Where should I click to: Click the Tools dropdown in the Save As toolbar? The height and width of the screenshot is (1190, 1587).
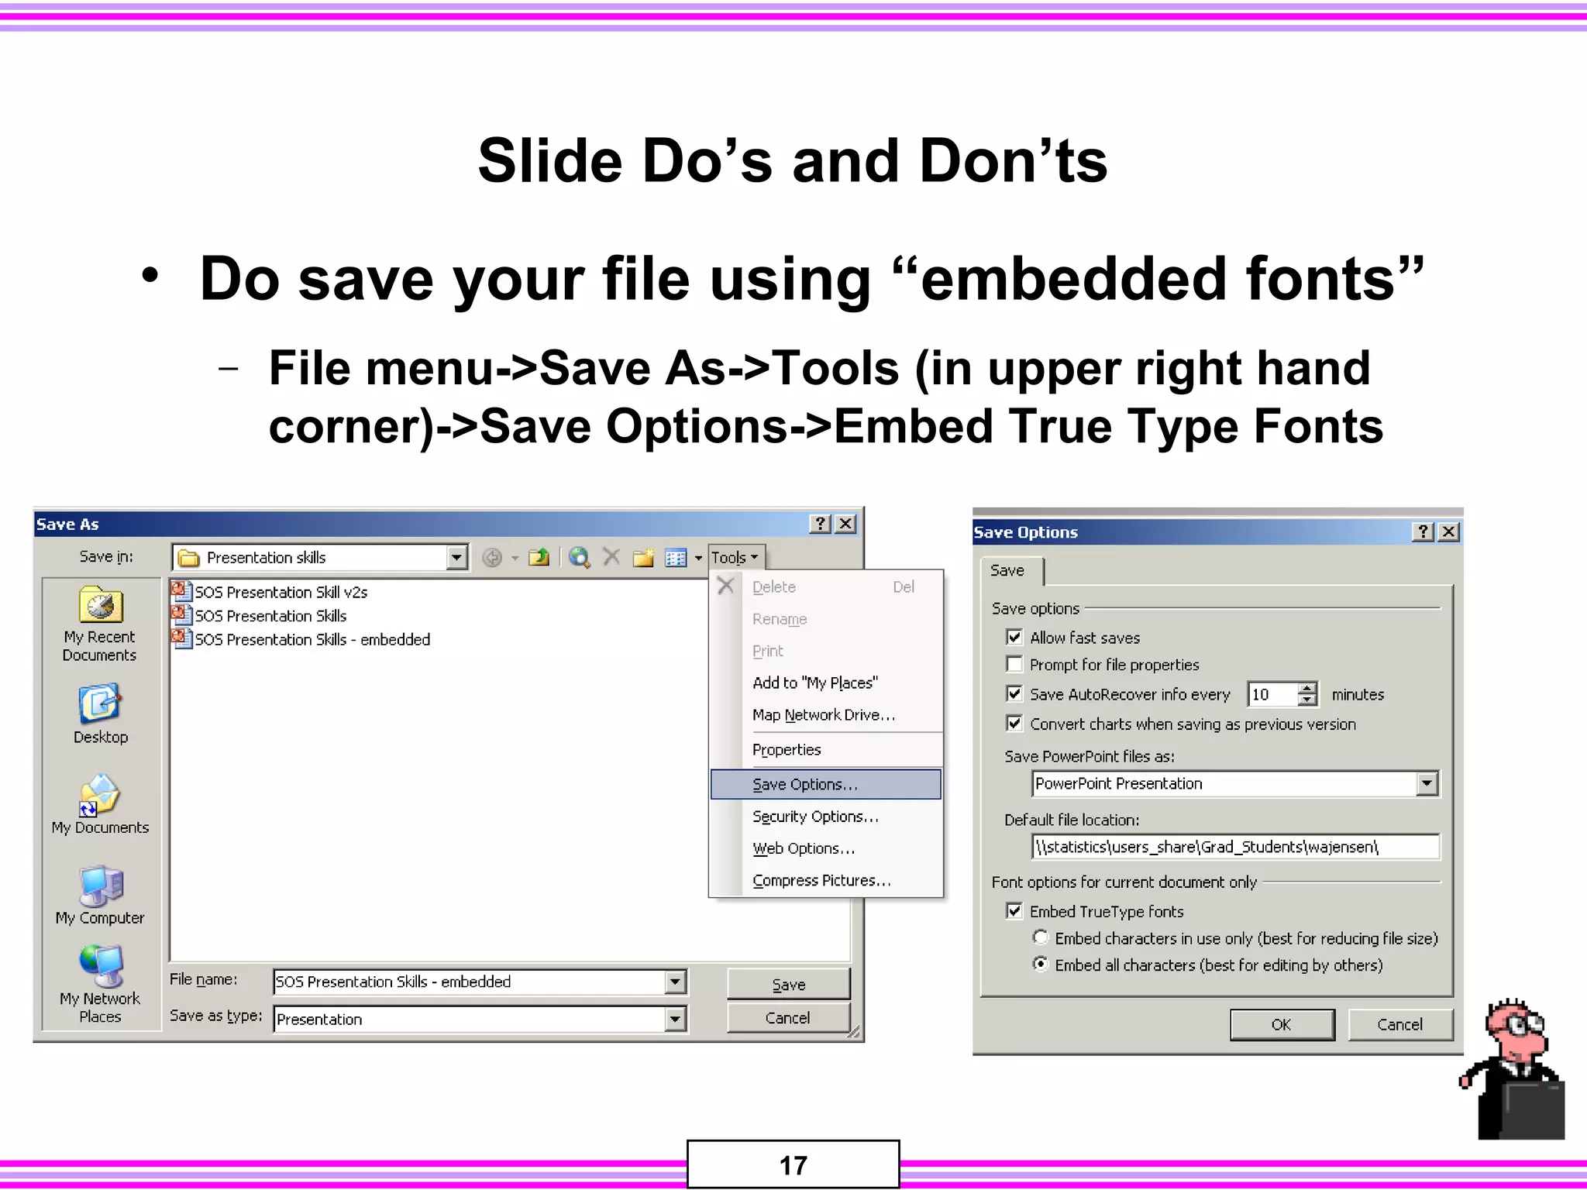click(734, 558)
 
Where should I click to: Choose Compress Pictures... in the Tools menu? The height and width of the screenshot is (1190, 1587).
click(821, 881)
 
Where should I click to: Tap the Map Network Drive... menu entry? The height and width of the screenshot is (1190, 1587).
click(823, 715)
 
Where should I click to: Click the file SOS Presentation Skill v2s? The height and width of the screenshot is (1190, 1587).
click(281, 593)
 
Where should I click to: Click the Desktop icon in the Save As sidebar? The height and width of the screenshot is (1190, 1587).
click(100, 713)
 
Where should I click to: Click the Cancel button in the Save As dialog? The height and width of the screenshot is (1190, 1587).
click(787, 1018)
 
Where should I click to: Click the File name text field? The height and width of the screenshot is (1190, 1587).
click(469, 982)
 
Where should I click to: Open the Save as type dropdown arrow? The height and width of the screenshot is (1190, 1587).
click(675, 1019)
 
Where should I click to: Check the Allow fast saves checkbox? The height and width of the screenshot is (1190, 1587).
click(1014, 638)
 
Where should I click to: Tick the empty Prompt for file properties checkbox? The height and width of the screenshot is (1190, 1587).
click(1014, 665)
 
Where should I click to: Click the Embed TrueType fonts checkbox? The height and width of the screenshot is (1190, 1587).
click(1014, 911)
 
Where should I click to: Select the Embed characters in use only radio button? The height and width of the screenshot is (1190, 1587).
click(1041, 938)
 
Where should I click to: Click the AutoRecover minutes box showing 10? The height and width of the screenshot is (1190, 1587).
click(1271, 694)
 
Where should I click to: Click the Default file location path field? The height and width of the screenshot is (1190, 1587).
click(1235, 847)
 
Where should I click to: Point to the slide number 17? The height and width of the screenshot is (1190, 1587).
click(793, 1165)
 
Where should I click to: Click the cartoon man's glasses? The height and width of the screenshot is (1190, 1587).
click(1522, 1026)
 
